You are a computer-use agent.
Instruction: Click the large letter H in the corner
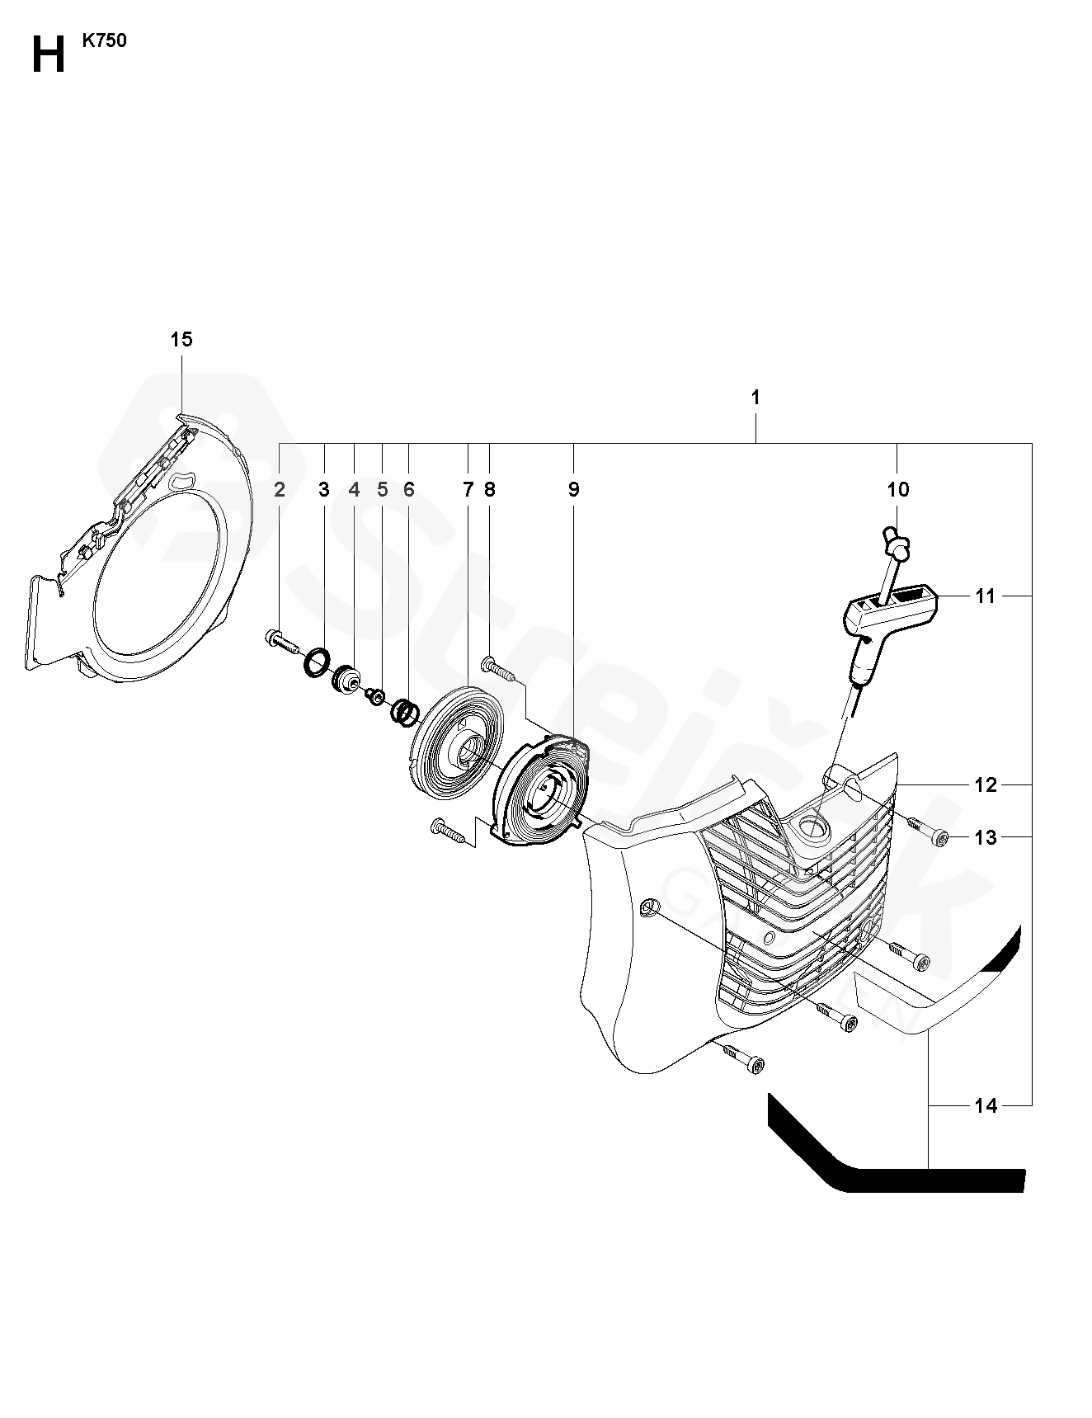48,55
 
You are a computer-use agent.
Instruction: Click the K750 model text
104,41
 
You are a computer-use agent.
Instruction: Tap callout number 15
181,339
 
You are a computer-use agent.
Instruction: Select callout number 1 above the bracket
755,397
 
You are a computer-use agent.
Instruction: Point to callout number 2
280,490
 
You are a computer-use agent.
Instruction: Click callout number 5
382,490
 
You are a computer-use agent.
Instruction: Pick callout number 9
573,490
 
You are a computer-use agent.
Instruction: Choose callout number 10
897,490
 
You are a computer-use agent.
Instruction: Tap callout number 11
986,596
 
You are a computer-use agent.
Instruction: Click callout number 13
986,838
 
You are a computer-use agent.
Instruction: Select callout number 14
986,1106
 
